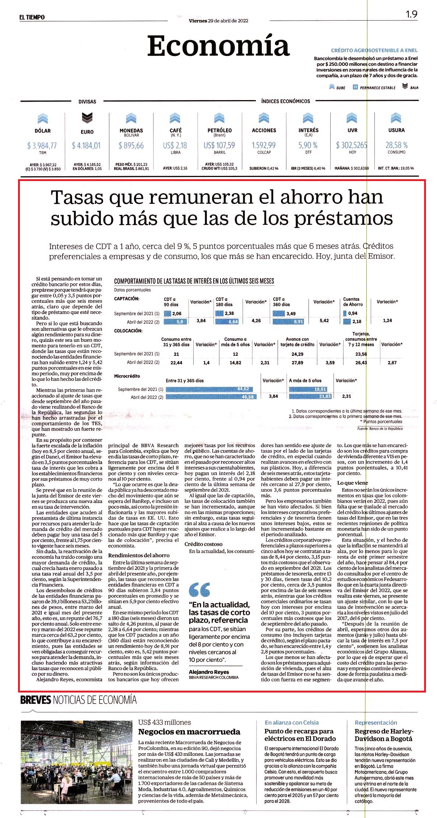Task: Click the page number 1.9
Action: (412, 14)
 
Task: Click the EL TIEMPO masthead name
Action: (32, 17)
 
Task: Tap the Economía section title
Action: (218, 46)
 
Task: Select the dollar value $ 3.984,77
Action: (42, 146)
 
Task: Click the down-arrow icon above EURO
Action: (87, 118)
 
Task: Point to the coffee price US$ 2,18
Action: (175, 145)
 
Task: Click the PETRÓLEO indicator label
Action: (219, 130)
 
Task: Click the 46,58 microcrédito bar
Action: (210, 397)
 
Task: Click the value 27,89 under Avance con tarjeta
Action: (297, 363)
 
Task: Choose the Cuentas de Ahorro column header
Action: (353, 302)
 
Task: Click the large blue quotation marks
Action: (199, 589)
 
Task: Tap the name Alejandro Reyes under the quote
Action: (209, 672)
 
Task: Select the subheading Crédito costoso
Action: (204, 544)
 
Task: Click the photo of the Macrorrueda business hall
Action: (77, 762)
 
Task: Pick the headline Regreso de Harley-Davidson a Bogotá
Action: (384, 735)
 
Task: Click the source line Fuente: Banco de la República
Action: (380, 429)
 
